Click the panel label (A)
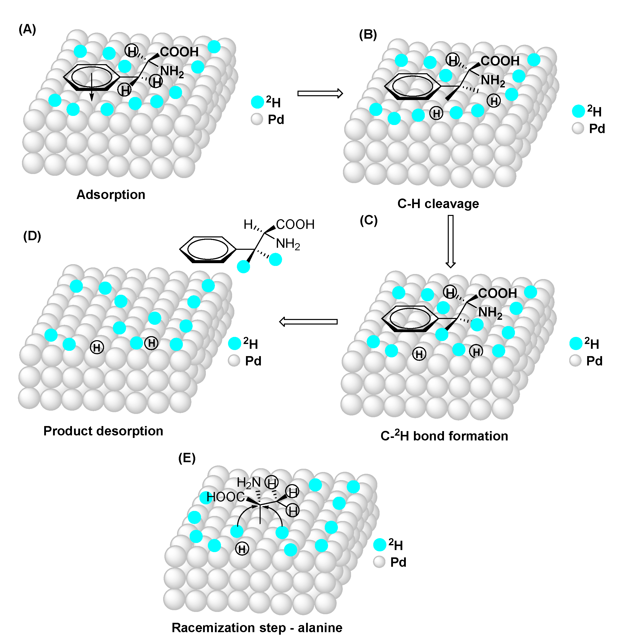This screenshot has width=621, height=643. pyautogui.click(x=27, y=30)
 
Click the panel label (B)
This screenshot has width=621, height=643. pyautogui.click(x=368, y=34)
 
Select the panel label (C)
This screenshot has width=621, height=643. pyautogui.click(x=368, y=220)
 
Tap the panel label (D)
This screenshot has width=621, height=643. pyautogui.click(x=32, y=236)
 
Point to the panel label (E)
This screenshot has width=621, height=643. pyautogui.click(x=187, y=458)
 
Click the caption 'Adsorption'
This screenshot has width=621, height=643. pyautogui.click(x=111, y=194)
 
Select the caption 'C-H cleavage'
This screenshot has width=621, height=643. pyautogui.click(x=438, y=204)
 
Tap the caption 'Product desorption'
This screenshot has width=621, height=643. pyautogui.click(x=103, y=431)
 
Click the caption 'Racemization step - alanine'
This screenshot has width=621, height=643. pyautogui.click(x=257, y=628)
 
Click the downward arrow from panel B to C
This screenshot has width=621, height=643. pyautogui.click(x=451, y=241)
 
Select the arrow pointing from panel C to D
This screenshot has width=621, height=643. pyautogui.click(x=308, y=321)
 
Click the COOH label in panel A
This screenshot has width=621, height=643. pyautogui.click(x=179, y=52)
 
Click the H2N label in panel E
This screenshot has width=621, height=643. pyautogui.click(x=249, y=483)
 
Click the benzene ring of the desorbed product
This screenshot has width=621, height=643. pyautogui.click(x=208, y=249)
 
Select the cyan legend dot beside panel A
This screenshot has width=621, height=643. pyautogui.click(x=258, y=102)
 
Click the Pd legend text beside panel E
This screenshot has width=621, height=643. pyautogui.click(x=398, y=562)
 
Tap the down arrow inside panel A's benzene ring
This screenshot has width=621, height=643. pyautogui.click(x=92, y=87)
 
